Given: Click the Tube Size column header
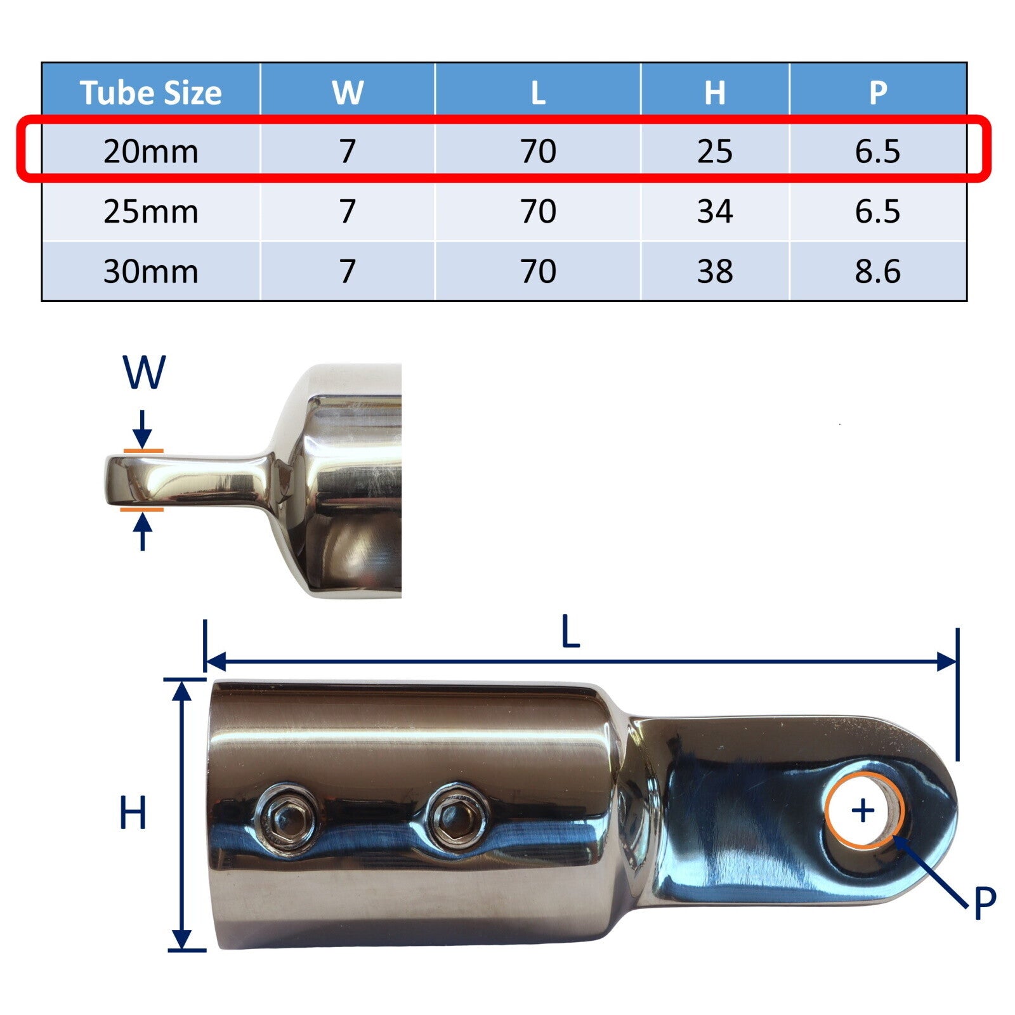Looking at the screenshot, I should coord(150,93).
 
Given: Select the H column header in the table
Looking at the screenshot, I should coord(714,93).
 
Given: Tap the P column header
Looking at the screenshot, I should coord(878,93).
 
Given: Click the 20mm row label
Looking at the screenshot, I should coord(150,152).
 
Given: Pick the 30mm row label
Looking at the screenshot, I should coord(150,272).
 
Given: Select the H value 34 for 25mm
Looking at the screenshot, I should coord(714,211).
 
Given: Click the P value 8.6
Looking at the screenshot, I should coord(877,272).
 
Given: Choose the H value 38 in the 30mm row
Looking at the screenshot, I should coord(714,272).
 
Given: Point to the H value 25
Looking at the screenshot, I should coord(714,152).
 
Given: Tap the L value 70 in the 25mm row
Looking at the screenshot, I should coord(538,211).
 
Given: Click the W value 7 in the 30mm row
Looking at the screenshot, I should coord(347,272).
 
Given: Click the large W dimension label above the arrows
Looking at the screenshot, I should coord(144,373).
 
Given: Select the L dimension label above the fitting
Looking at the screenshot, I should coord(571,633).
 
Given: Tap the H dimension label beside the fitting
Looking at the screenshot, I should coord(133,813).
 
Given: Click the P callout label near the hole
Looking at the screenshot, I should coord(984,903).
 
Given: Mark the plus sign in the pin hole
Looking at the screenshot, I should coord(863,811).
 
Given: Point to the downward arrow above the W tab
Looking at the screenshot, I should coord(142,431).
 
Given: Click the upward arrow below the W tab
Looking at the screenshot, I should coord(142,530).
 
